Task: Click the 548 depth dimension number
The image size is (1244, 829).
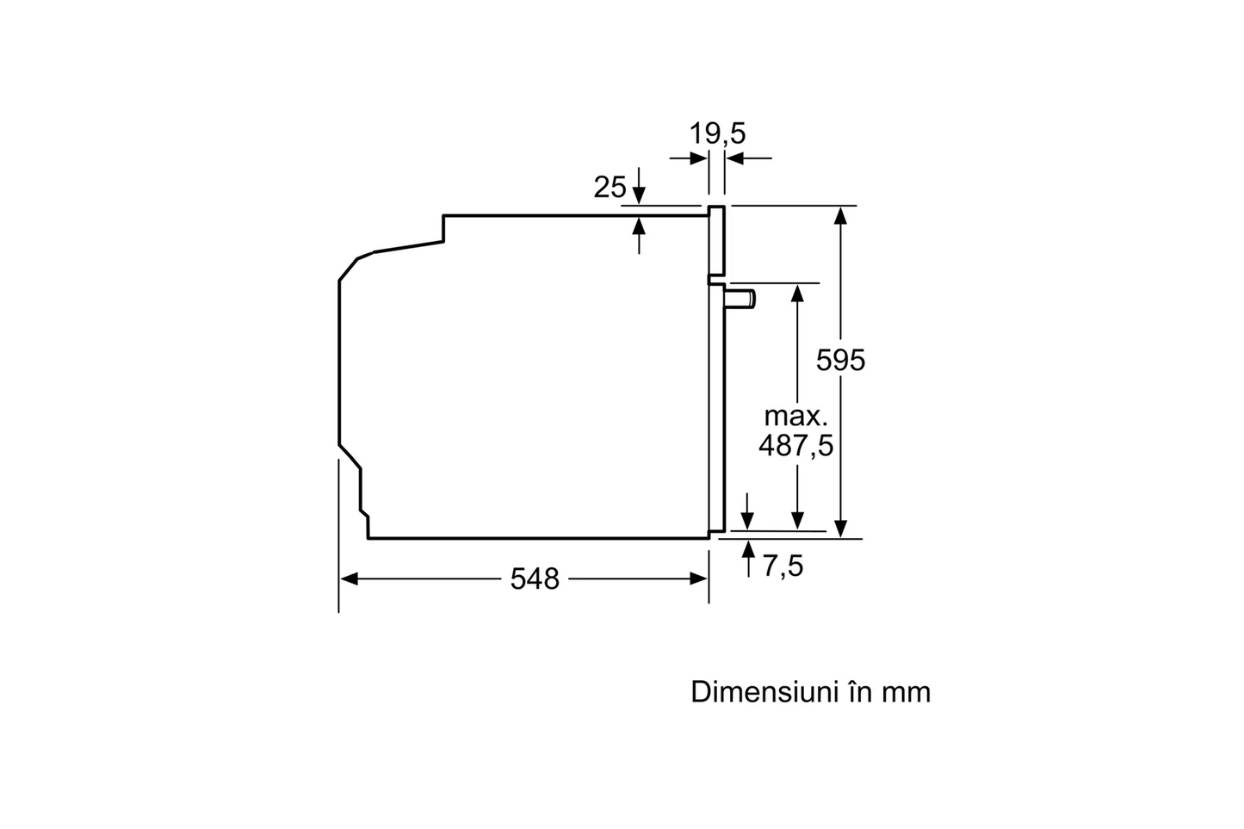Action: pos(535,579)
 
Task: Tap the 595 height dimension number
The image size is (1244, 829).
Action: pos(840,361)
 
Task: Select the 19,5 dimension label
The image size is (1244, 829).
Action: pos(717,133)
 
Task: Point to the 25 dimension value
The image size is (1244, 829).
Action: pos(610,187)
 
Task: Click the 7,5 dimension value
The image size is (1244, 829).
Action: pos(783,566)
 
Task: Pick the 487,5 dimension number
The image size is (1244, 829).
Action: pos(796,445)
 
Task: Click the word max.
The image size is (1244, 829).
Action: pos(795,417)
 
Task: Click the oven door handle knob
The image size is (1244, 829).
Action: pos(740,299)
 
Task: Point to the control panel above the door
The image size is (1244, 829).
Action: pos(716,242)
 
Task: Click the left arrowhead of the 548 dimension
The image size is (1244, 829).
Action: pos(348,579)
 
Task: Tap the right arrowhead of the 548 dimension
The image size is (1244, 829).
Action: pos(699,579)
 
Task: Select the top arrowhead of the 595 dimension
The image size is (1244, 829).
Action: pos(840,215)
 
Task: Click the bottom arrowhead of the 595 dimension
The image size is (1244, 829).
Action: pos(840,529)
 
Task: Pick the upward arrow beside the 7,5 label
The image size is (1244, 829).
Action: pos(749,559)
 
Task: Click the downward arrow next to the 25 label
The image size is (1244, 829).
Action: pos(639,185)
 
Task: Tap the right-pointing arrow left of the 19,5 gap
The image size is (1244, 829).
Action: pos(688,158)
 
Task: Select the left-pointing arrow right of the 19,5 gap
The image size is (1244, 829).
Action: pos(749,158)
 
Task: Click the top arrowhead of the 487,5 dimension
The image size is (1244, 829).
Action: pos(797,294)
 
